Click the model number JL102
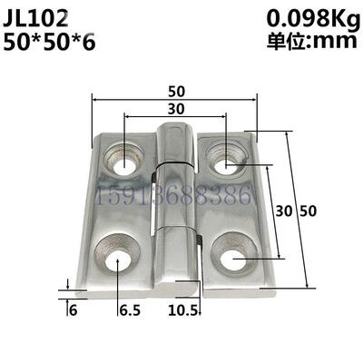[44, 17]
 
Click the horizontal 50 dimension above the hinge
[174, 91]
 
